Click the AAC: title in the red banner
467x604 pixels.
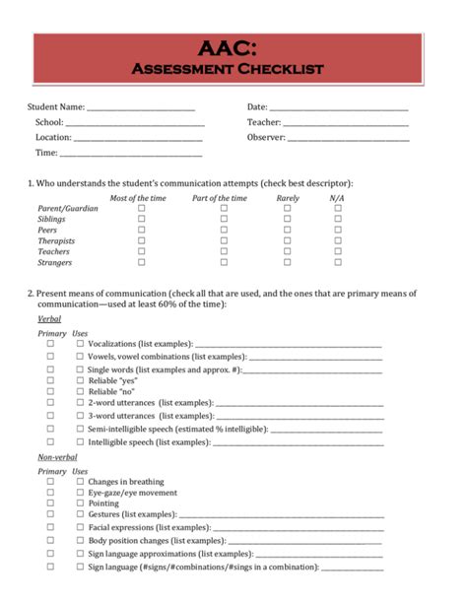point(228,48)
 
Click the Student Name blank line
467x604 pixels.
point(141,108)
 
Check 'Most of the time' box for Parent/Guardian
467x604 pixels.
point(141,209)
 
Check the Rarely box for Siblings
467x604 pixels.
point(288,220)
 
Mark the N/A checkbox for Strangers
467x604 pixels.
point(337,262)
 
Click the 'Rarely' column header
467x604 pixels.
point(288,198)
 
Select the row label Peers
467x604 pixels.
point(48,231)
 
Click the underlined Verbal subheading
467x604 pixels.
point(48,319)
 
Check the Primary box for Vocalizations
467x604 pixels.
point(50,343)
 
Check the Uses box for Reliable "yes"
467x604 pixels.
point(81,379)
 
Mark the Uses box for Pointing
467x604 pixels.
point(81,503)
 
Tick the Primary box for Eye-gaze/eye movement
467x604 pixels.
point(50,492)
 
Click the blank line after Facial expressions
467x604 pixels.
point(297,528)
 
